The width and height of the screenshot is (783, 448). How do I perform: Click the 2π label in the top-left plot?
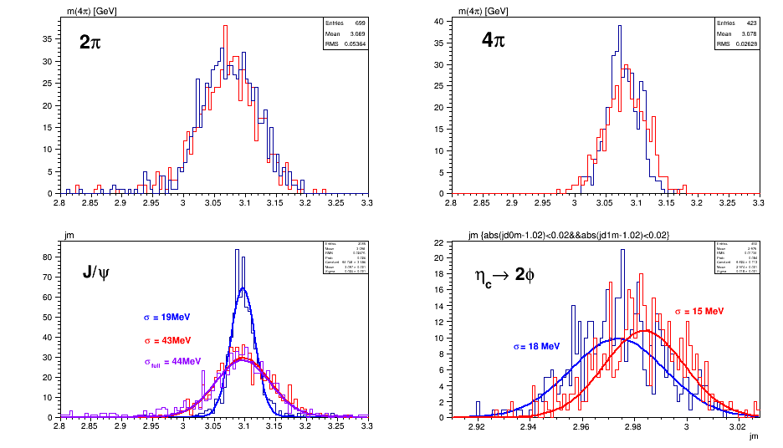pos(91,43)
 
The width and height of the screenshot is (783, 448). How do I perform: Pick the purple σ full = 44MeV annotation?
pos(172,362)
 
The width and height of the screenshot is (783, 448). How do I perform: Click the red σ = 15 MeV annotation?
pos(699,311)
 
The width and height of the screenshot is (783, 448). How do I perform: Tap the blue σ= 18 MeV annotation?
pos(536,346)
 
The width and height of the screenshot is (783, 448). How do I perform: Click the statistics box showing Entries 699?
pos(345,33)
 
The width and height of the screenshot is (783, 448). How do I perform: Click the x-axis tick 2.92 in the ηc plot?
pos(476,425)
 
